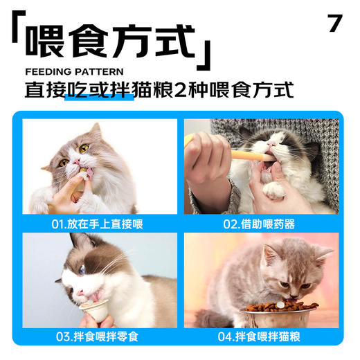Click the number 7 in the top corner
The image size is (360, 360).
point(335,23)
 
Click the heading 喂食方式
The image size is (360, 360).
point(111,43)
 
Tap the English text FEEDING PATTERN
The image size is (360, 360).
point(74,71)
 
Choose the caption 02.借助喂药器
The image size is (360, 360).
point(260,224)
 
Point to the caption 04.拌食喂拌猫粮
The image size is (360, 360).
point(260,337)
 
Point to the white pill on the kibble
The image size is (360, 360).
point(280,303)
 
